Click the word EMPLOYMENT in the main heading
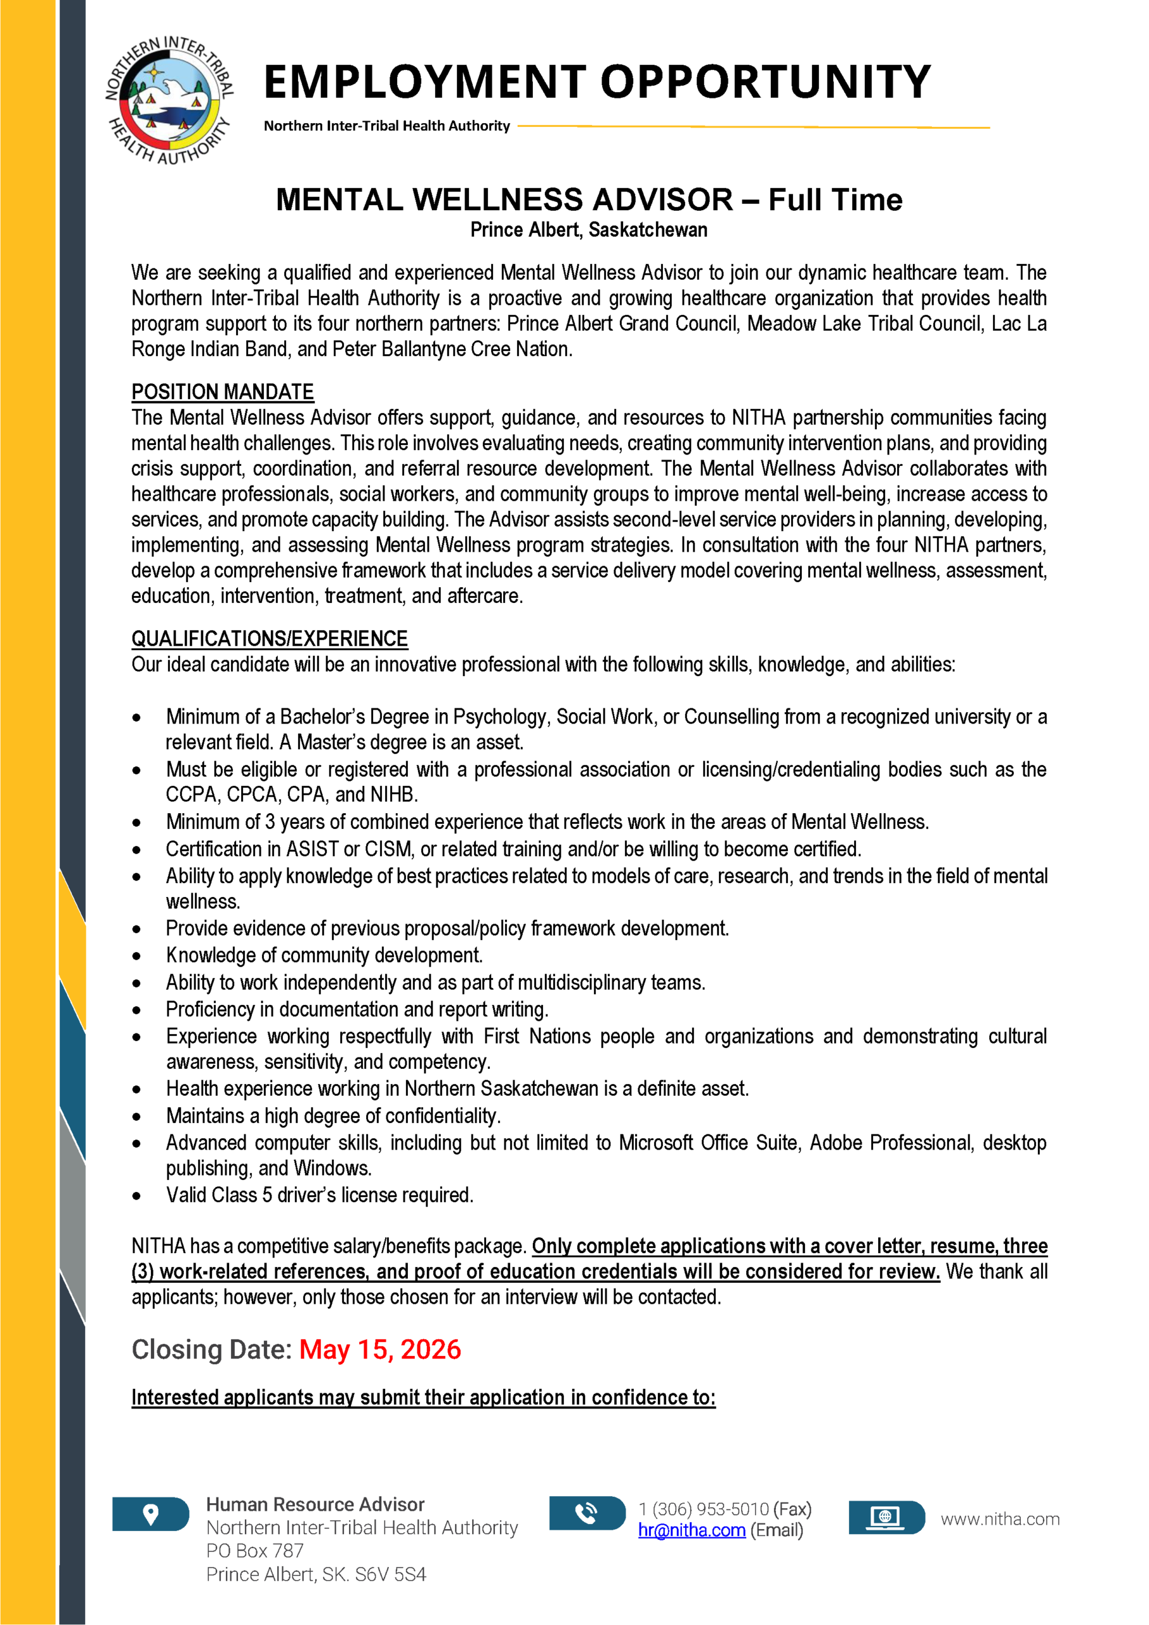424,82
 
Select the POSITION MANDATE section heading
222,392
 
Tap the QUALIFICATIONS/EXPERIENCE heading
270,639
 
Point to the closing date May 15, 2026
380,1350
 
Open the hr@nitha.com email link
691,1530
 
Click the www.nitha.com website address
1000,1519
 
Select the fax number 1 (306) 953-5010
703,1509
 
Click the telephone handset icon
586,1513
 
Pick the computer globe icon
885,1516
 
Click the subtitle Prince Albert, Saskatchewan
589,230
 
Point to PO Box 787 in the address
254,1551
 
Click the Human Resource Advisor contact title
315,1504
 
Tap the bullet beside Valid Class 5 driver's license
136,1196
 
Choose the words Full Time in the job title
835,201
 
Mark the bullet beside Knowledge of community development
136,956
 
